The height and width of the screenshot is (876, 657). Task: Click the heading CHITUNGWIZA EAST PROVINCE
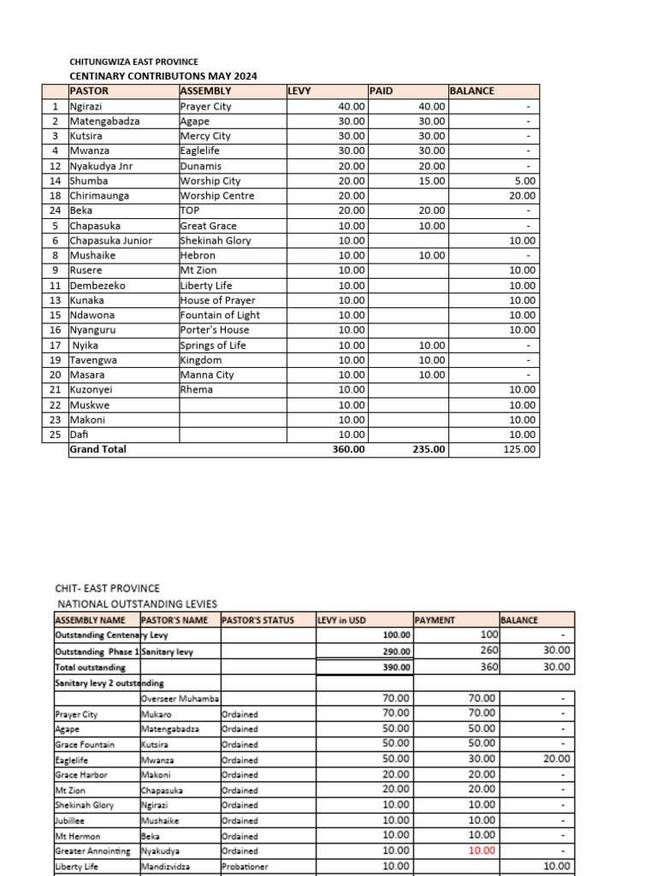pos(133,62)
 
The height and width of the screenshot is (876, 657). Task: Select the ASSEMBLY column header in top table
pos(206,91)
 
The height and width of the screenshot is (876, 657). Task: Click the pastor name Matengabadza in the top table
pos(104,121)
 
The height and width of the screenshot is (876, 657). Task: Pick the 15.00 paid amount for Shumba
pos(432,181)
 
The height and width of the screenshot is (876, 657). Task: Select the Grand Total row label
pos(98,449)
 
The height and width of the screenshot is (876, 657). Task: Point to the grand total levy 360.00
pos(348,449)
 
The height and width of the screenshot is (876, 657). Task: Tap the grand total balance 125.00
pos(519,449)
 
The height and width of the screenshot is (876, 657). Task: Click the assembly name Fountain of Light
pos(221,315)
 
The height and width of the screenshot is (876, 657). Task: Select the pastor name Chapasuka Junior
pos(111,240)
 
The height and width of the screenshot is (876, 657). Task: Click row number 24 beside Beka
pos(55,210)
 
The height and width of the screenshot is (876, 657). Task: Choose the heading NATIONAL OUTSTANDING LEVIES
pos(138,603)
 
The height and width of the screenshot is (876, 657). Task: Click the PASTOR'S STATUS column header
pos(257,620)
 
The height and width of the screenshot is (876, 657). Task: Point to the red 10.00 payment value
pos(482,850)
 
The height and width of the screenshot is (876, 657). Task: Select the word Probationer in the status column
pos(246,866)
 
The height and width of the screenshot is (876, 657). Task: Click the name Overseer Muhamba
pos(181,699)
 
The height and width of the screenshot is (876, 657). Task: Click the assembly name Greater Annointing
pos(92,851)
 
